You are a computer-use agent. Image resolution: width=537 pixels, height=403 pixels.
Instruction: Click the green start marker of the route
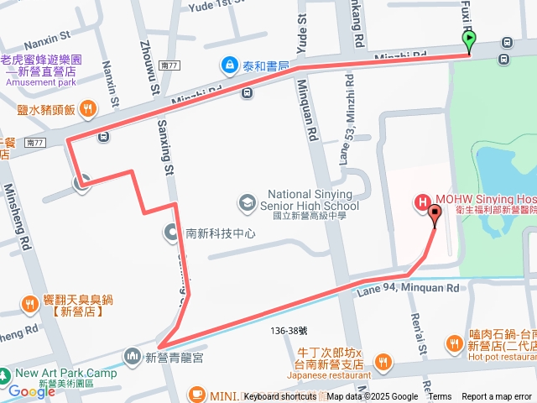(x=469, y=39)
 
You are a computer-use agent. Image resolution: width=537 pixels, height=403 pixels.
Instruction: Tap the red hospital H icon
(x=423, y=201)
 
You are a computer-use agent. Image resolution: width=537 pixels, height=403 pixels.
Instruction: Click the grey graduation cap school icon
(x=247, y=201)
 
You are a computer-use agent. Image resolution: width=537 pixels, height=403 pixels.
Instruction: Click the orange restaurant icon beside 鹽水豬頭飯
(x=88, y=108)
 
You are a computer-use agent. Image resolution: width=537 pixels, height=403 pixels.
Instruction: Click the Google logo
(x=31, y=391)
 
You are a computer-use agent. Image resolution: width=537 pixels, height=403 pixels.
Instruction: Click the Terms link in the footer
(x=440, y=397)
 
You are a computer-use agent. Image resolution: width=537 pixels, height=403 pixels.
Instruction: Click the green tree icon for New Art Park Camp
(x=6, y=374)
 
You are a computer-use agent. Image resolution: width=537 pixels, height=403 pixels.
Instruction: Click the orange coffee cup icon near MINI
(x=196, y=394)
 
